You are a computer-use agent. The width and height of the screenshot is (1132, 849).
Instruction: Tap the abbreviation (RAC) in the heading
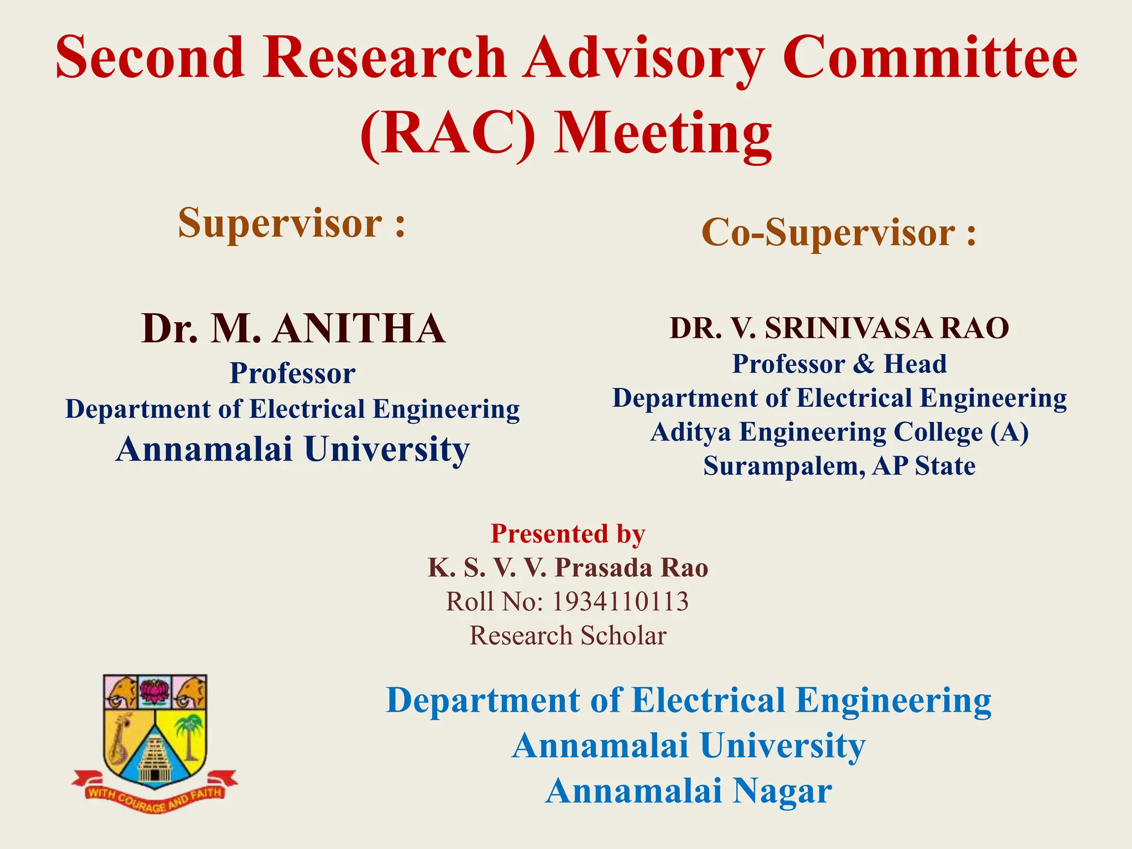point(448,134)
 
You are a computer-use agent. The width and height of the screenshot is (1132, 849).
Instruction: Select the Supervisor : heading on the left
point(292,223)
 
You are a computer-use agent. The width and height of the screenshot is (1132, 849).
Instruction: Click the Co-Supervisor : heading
point(838,232)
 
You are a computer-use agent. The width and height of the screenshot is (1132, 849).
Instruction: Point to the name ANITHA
point(359,329)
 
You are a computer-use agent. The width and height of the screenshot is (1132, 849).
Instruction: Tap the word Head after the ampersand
point(915,364)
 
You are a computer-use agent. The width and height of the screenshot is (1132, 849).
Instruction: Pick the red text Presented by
point(568,534)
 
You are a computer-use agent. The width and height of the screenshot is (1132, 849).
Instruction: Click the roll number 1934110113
point(620,602)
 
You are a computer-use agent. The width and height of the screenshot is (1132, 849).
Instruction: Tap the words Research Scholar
point(568,636)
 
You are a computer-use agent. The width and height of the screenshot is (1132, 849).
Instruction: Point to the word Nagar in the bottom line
point(782,791)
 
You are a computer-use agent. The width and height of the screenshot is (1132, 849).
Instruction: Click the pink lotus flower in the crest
point(155,692)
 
